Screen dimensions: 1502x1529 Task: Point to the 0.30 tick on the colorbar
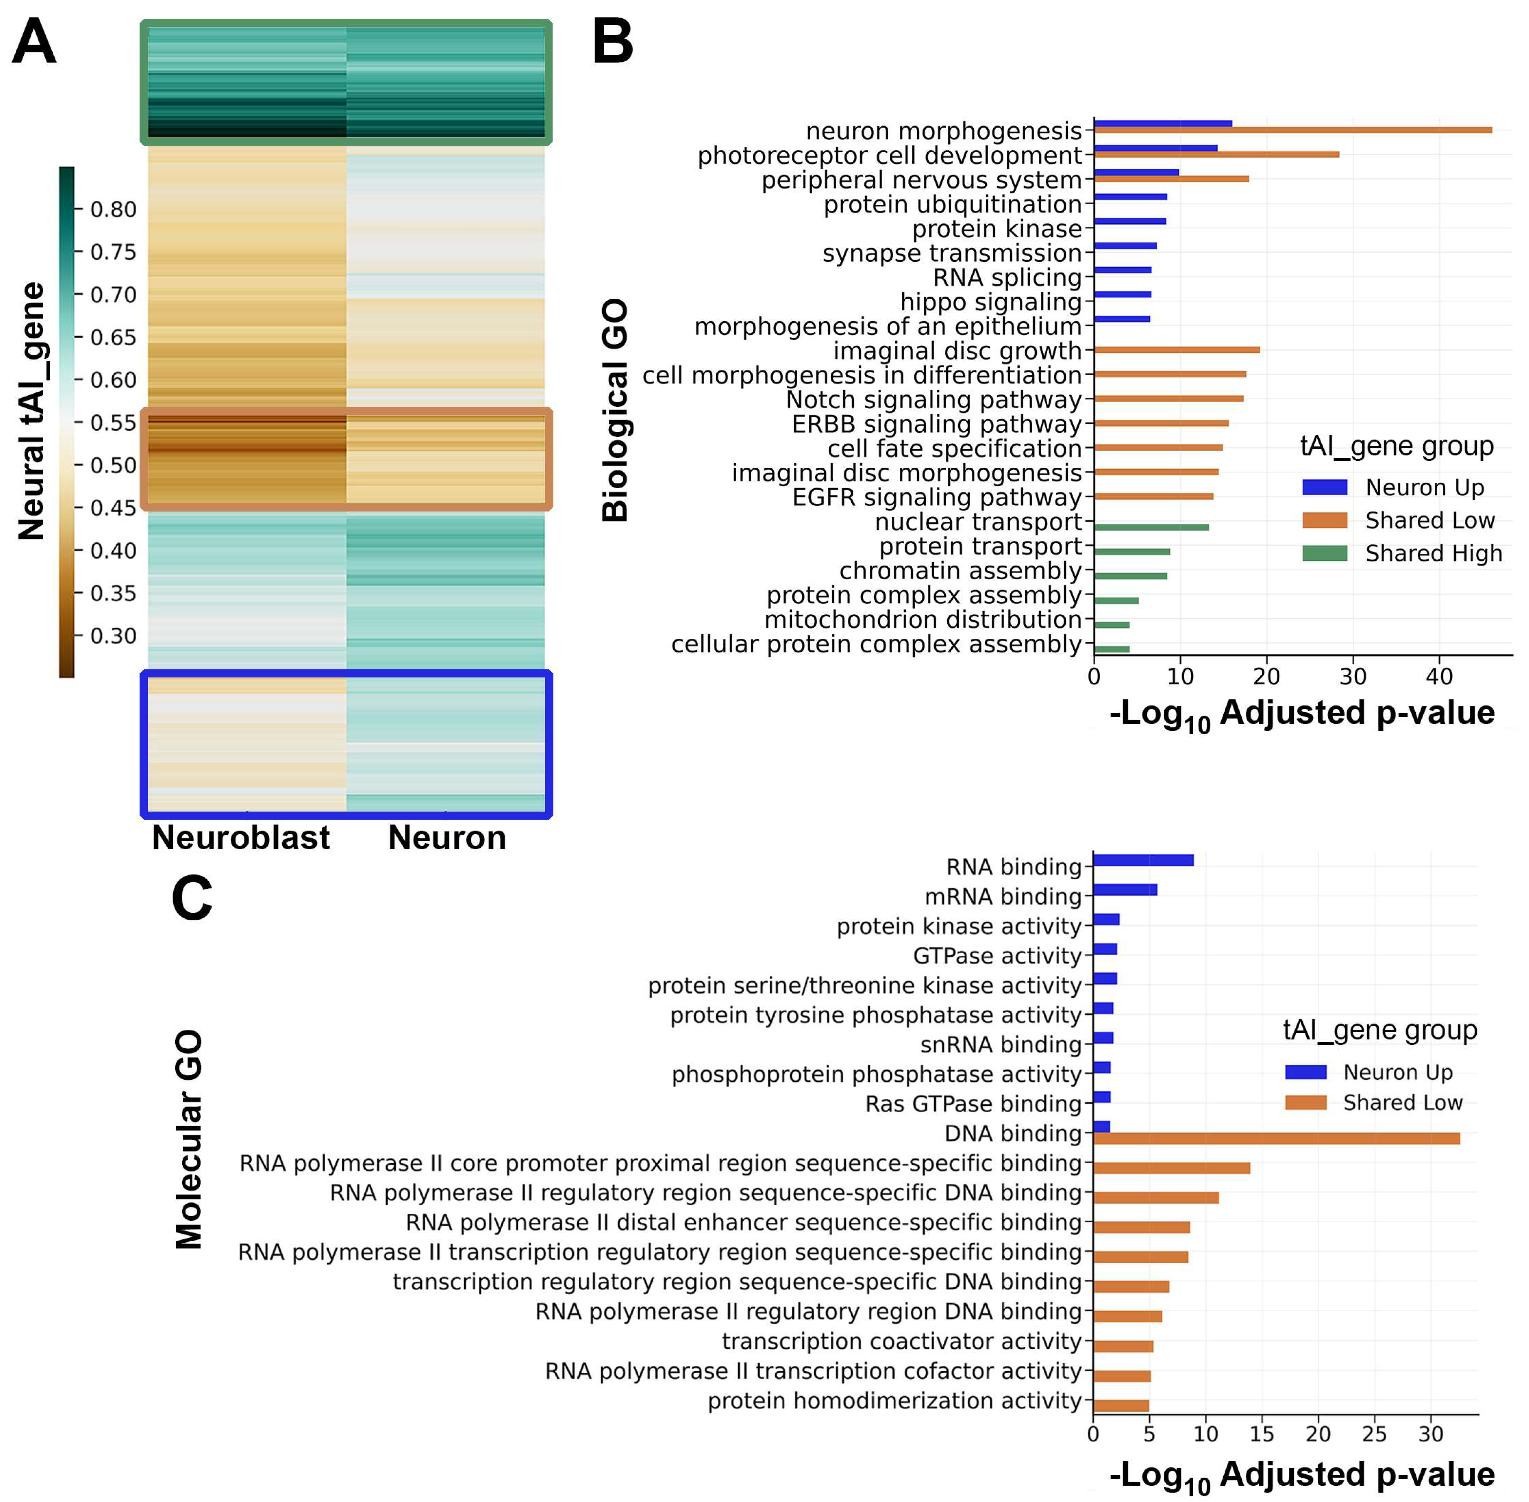[113, 636]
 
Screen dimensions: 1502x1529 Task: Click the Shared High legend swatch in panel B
[1325, 553]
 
